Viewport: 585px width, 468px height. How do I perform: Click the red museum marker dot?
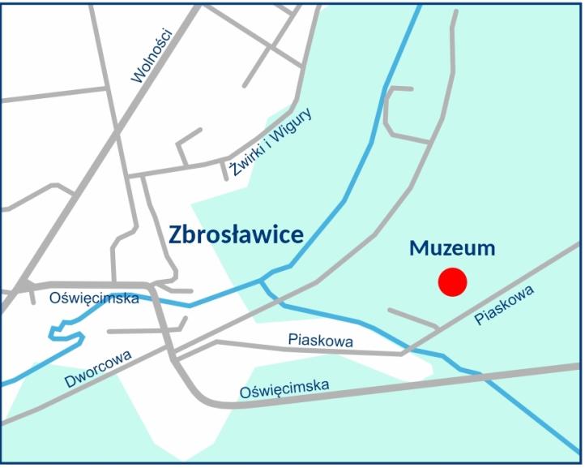[x=452, y=281]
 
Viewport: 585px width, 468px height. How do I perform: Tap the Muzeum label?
[x=452, y=248]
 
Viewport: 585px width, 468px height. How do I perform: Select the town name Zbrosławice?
[x=236, y=235]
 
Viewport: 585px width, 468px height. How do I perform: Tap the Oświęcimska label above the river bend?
[x=94, y=298]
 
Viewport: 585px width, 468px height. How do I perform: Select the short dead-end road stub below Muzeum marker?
[x=412, y=317]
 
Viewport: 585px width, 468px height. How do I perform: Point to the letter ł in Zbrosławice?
[x=233, y=235]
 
